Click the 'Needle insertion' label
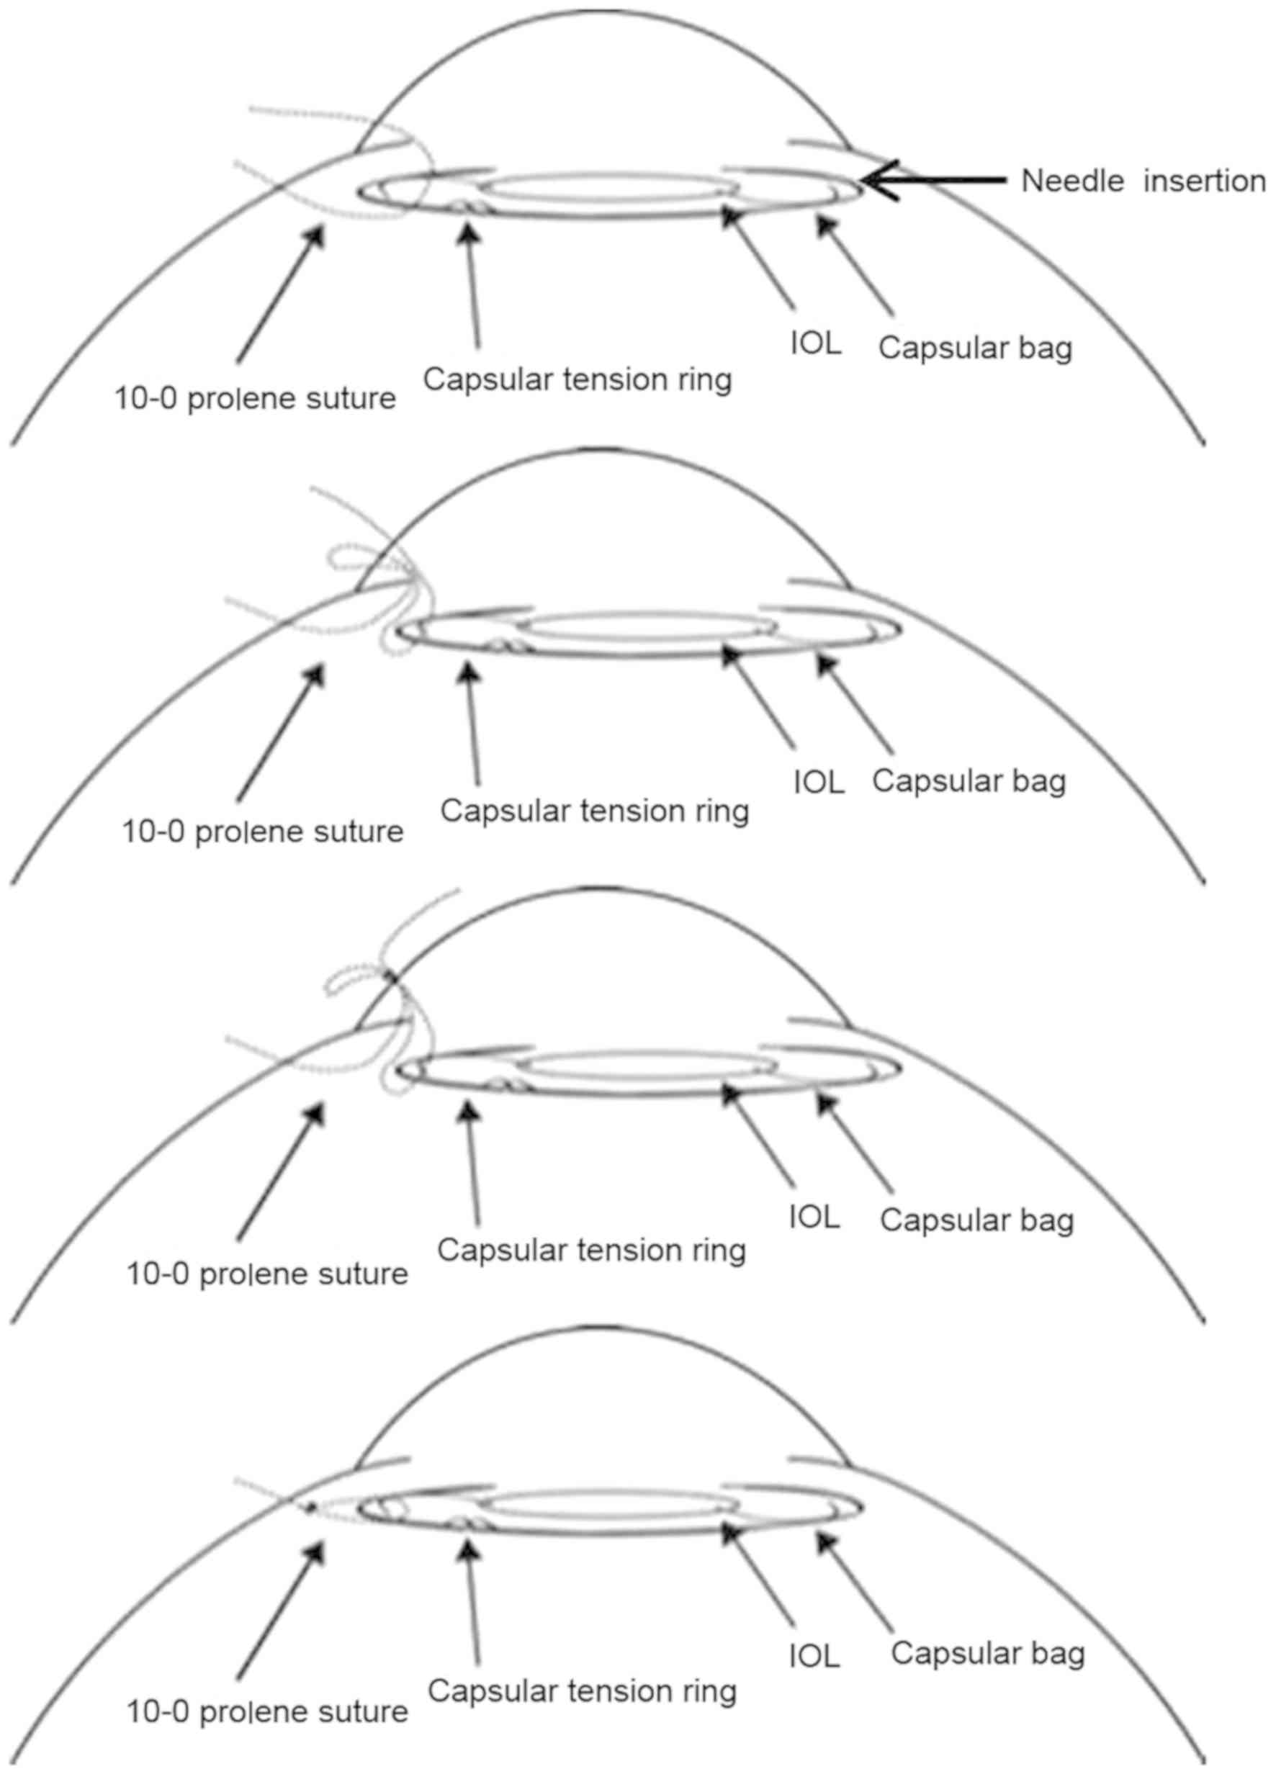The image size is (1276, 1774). [1143, 181]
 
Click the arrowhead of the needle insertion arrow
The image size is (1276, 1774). [867, 181]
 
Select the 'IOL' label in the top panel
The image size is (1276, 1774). [815, 344]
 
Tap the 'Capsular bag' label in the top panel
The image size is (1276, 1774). [975, 348]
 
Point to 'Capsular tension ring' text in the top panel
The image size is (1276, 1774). [578, 380]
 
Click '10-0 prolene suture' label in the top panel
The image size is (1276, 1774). [255, 399]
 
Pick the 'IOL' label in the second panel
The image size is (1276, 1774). [818, 782]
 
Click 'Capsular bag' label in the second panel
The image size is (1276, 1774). [969, 780]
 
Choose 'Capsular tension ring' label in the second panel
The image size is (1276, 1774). [595, 811]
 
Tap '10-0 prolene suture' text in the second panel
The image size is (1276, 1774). [263, 832]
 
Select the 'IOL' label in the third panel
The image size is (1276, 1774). [814, 1217]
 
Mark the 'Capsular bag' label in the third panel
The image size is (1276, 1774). [976, 1220]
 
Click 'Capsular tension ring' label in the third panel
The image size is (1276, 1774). [591, 1250]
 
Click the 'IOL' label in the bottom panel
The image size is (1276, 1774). [814, 1657]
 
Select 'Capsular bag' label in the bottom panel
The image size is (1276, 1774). [987, 1653]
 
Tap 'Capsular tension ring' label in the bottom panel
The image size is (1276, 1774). [582, 1692]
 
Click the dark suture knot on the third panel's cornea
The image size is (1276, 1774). [390, 976]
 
